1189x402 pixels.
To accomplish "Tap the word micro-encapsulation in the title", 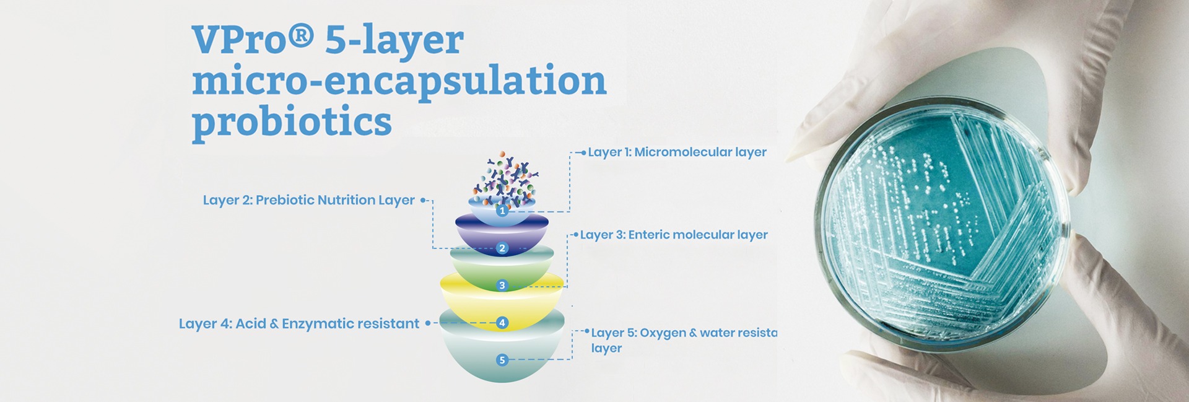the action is pos(399,81).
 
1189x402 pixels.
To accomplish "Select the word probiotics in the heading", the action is pos(292,121).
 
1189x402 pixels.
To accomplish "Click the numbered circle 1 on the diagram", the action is pos(502,211).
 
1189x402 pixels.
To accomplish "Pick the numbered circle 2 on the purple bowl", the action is pos(502,248).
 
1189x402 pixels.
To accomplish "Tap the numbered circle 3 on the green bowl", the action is pos(502,286).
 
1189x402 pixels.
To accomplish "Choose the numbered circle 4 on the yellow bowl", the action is pos(502,323).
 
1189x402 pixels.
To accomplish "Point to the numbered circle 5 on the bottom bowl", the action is pos(502,360).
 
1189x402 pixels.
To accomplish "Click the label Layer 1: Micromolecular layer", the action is pos(677,152).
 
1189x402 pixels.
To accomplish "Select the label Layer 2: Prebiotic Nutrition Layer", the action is pos(308,200).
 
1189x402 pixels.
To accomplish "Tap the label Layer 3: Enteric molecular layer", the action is pos(674,235).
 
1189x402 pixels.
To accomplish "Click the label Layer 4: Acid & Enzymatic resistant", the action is pos(299,324).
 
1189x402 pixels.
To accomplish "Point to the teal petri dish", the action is pos(941,223).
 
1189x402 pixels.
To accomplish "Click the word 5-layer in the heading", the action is pos(394,40).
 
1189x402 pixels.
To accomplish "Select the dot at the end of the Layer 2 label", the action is pos(423,200).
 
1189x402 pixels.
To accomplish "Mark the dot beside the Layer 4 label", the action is pos(427,323).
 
